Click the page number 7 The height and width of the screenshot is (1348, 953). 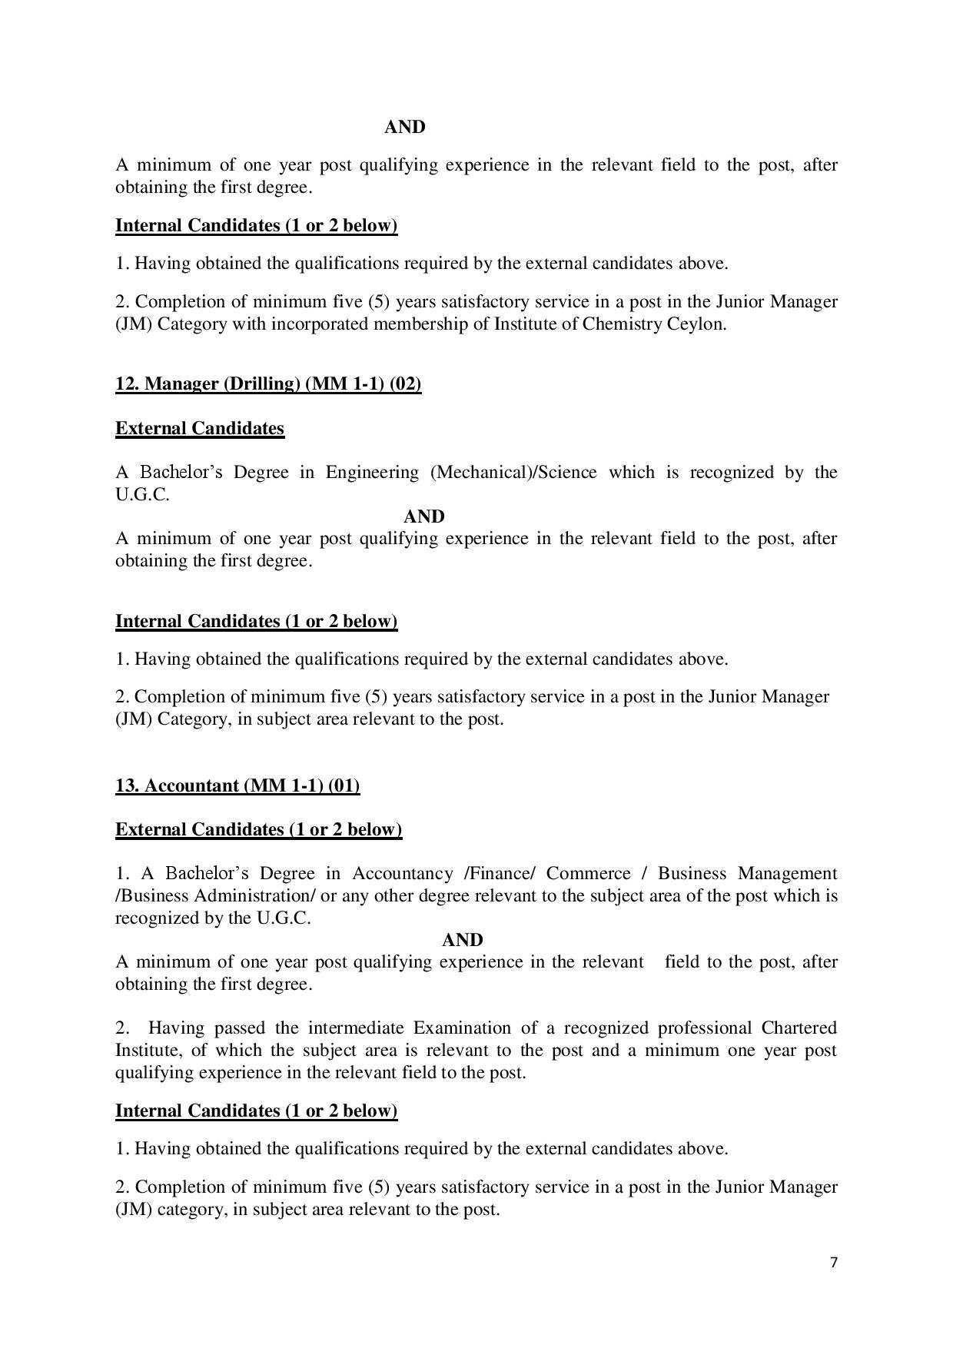834,1261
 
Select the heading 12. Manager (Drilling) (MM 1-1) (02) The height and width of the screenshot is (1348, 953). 268,383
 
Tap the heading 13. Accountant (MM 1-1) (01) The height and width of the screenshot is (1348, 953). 237,785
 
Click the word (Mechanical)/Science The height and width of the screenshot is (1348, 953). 513,472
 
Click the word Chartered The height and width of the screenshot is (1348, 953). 799,1028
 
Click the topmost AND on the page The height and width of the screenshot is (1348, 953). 404,127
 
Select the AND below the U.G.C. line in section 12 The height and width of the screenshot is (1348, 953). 424,516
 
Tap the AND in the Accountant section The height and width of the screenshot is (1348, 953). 463,940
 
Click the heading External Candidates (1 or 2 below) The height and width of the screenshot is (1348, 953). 258,829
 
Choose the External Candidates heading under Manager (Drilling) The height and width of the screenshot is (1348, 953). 200,428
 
